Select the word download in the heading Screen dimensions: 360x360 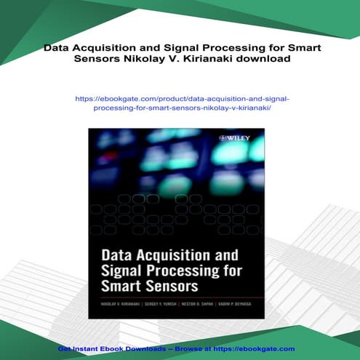tap(266, 60)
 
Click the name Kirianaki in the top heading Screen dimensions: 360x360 tap(217, 60)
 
